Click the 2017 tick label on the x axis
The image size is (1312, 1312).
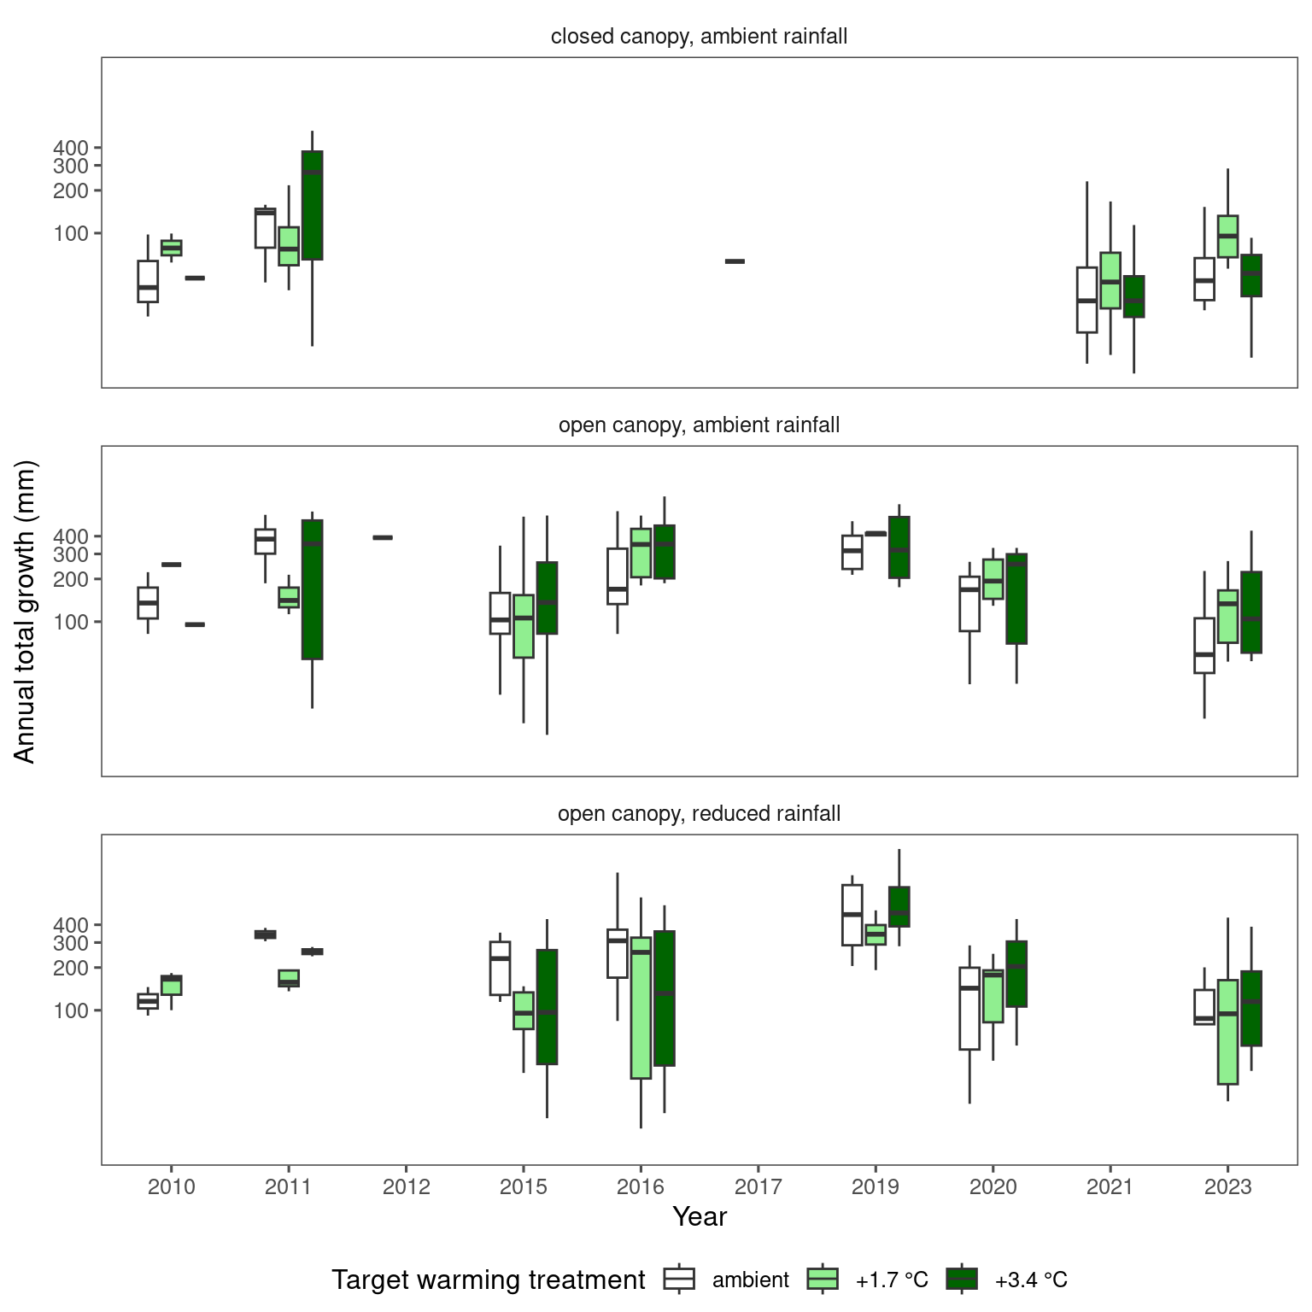click(x=758, y=1186)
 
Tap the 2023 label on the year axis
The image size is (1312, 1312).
click(x=1227, y=1186)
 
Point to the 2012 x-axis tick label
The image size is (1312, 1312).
click(x=406, y=1186)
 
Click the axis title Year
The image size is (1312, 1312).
click(x=699, y=1216)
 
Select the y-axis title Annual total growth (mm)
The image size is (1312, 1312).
click(x=25, y=611)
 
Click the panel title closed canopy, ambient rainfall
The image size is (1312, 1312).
click(x=699, y=37)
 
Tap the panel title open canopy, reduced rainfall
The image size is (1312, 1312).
click(x=699, y=814)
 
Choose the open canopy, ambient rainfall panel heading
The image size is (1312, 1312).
click(x=699, y=425)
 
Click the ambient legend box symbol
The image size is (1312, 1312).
click(x=679, y=1279)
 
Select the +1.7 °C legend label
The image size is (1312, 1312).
click(x=891, y=1280)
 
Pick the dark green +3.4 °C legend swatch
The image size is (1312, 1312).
click(x=961, y=1279)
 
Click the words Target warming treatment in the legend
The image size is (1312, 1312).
click(x=488, y=1280)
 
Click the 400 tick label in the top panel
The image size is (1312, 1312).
click(x=70, y=148)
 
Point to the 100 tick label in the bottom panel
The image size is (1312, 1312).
click(x=70, y=1010)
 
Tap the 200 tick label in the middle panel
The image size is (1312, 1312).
click(x=70, y=579)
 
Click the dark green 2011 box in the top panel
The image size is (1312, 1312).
click(x=312, y=205)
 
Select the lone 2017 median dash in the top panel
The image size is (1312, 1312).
click(x=735, y=261)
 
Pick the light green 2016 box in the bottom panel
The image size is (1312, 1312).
click(x=641, y=1008)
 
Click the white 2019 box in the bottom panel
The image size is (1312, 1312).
click(x=852, y=915)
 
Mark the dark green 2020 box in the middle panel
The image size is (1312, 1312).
click(x=1016, y=599)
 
